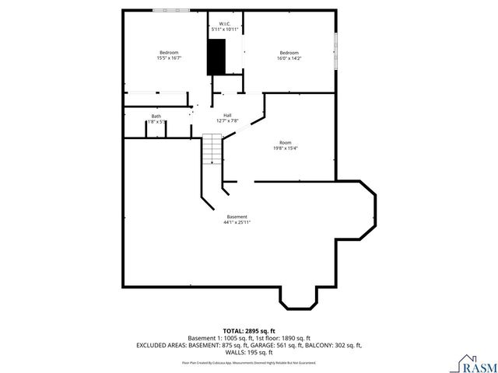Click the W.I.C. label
tap(224, 23)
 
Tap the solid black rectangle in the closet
tap(216, 57)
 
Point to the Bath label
tap(156, 117)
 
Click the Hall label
tap(226, 116)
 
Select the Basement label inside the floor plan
tap(237, 216)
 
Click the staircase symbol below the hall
tap(212, 148)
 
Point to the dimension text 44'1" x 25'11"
tap(237, 222)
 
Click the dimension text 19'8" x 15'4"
tap(286, 148)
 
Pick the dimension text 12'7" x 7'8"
tap(226, 121)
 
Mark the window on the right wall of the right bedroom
tap(336, 51)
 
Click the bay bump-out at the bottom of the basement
tap(298, 296)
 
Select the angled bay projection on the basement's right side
tap(359, 211)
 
